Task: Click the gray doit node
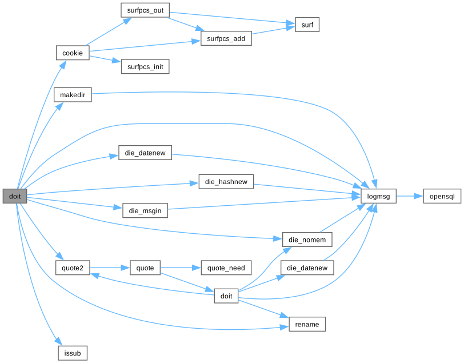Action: [x=15, y=196]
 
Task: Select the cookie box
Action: [x=73, y=53]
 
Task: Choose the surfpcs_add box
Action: [x=226, y=38]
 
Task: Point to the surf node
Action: [x=307, y=25]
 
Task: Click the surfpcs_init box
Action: [x=145, y=67]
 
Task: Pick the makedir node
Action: [x=73, y=95]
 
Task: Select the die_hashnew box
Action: [x=226, y=182]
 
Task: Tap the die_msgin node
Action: [x=145, y=210]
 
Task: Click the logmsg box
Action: [x=379, y=196]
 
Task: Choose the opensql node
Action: [x=442, y=196]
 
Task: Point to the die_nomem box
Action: [x=307, y=240]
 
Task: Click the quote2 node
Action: [x=73, y=268]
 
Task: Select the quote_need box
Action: [x=226, y=268]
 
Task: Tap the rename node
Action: [x=307, y=324]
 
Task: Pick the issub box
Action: [x=73, y=353]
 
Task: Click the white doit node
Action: [x=226, y=296]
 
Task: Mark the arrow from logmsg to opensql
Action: [x=409, y=196]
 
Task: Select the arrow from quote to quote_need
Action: [x=181, y=268]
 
